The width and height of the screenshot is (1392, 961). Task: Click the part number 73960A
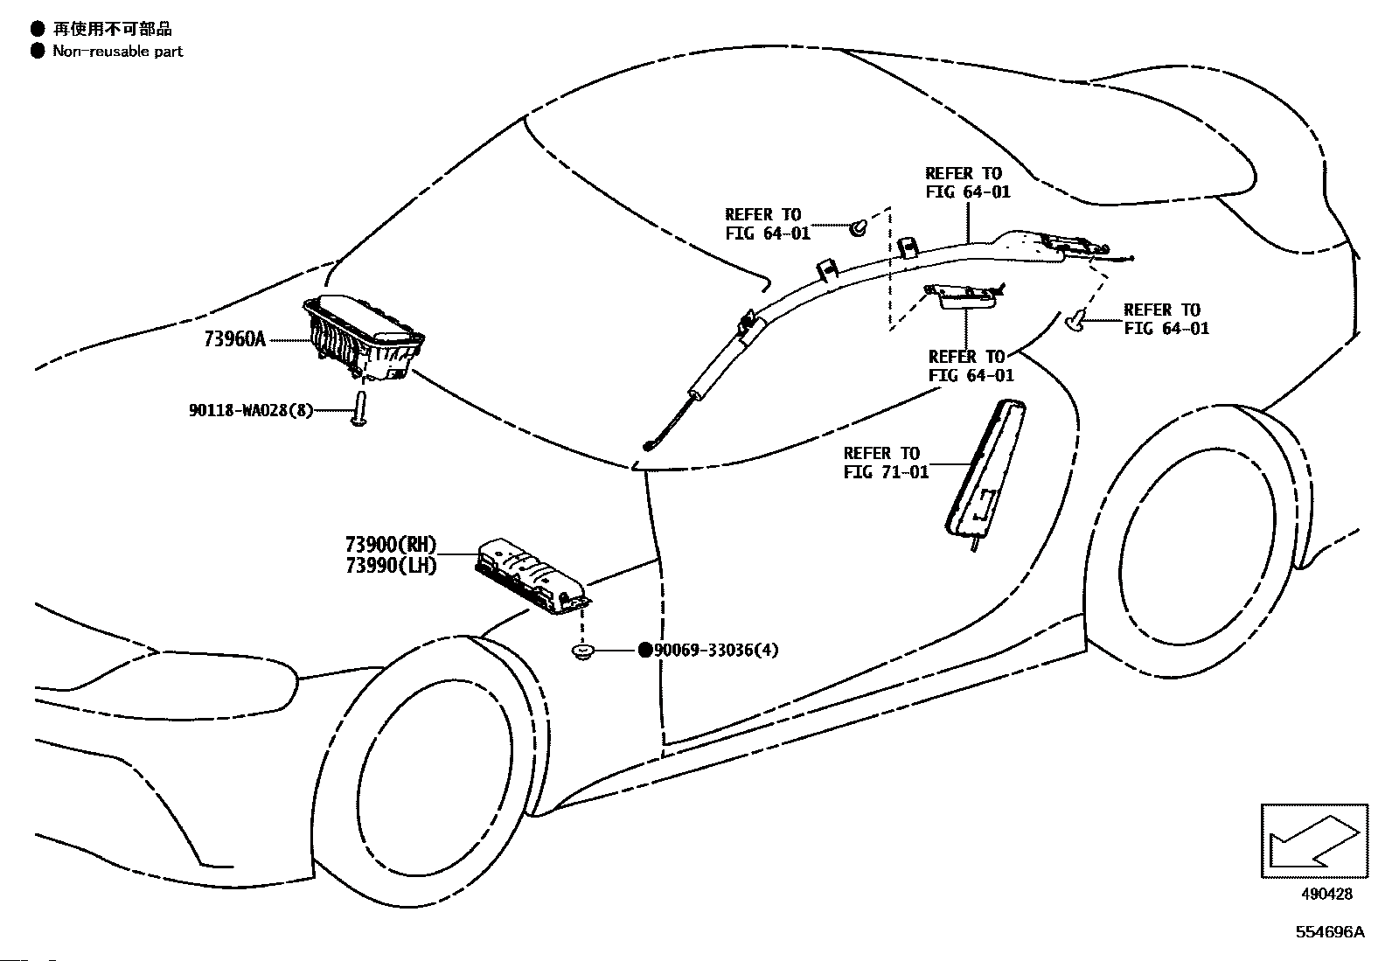click(x=234, y=339)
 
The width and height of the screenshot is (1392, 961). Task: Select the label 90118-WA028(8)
click(x=251, y=410)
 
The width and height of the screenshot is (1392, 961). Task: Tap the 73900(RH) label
click(x=391, y=545)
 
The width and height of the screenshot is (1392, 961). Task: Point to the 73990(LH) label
click(x=392, y=566)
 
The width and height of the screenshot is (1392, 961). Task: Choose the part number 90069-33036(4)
click(x=716, y=651)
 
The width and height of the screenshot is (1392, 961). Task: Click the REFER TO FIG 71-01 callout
click(x=886, y=463)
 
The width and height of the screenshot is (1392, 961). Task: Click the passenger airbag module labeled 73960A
click(x=364, y=337)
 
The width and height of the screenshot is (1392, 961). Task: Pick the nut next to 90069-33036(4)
click(x=582, y=652)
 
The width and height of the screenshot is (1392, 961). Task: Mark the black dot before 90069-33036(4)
click(x=645, y=651)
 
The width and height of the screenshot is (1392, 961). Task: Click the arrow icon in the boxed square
click(x=1313, y=841)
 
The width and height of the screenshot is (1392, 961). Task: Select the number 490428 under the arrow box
click(x=1326, y=894)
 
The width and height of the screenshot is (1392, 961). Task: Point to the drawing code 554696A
click(x=1330, y=932)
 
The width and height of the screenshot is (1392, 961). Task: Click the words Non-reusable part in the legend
click(x=118, y=52)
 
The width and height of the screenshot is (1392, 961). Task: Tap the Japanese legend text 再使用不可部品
click(x=113, y=29)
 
